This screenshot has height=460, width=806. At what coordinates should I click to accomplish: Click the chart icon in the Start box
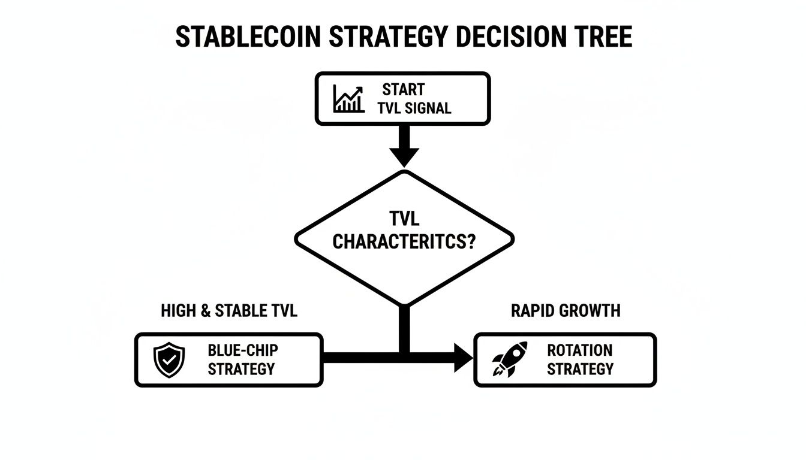tap(348, 99)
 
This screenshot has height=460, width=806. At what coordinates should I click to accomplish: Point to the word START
tap(403, 90)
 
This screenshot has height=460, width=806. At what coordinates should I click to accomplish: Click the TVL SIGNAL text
tap(414, 108)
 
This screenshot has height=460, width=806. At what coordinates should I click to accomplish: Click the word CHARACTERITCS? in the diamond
tap(404, 242)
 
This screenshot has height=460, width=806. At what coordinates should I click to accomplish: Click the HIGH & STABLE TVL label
tap(229, 311)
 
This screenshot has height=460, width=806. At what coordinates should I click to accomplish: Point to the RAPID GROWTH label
tap(566, 311)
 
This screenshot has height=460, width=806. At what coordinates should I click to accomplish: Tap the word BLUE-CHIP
tap(242, 350)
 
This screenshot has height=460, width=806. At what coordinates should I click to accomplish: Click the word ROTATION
tap(580, 350)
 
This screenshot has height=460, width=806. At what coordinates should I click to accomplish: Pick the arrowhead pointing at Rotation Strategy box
tap(463, 358)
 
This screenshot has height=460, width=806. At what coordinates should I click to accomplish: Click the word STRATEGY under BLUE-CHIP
tap(241, 369)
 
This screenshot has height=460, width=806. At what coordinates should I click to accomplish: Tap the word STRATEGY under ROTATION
tap(580, 369)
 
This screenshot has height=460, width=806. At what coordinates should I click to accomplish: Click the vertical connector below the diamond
tap(404, 326)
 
